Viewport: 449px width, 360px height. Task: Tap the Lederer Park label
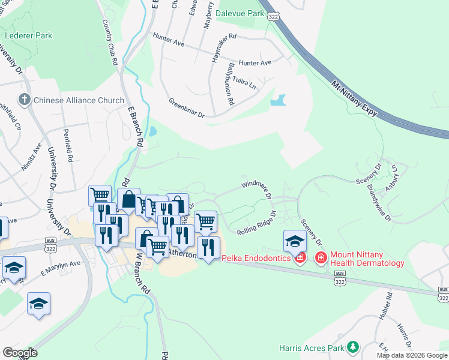point(28,35)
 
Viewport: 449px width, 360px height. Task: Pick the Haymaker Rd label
point(224,48)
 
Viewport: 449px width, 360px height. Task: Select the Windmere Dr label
point(256,187)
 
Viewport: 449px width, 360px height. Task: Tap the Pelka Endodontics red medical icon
point(301,258)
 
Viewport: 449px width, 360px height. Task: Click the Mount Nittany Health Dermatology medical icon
point(321,258)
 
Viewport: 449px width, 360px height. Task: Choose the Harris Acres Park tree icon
point(353,347)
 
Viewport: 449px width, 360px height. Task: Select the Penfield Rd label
point(68,146)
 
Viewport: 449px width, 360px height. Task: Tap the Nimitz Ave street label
point(31,158)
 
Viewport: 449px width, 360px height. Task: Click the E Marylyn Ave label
point(60,267)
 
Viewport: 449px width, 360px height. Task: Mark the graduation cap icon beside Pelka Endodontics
point(295,241)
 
